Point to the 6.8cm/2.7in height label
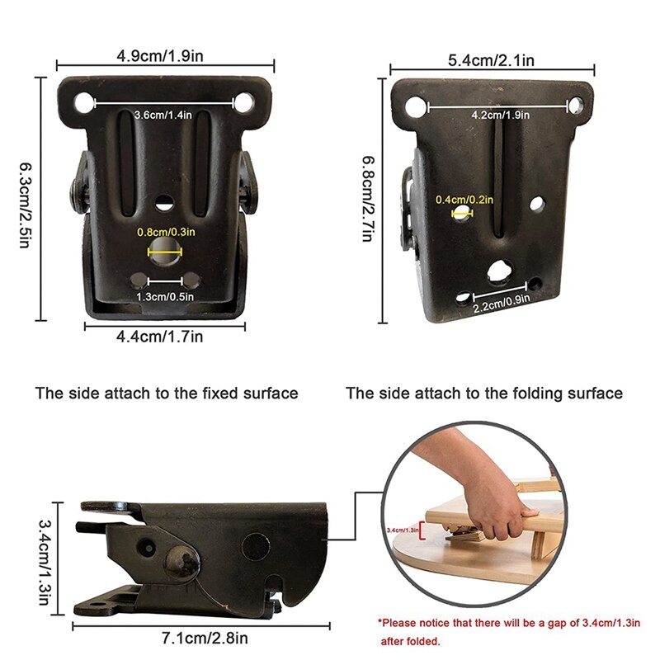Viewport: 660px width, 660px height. (x=367, y=199)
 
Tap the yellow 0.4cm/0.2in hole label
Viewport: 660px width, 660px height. (x=464, y=199)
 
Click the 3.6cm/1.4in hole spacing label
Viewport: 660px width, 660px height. (x=163, y=115)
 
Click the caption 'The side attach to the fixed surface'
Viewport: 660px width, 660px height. (x=166, y=394)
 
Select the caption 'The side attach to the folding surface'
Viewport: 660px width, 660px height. (x=484, y=394)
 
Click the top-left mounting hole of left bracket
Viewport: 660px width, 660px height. (x=83, y=103)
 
